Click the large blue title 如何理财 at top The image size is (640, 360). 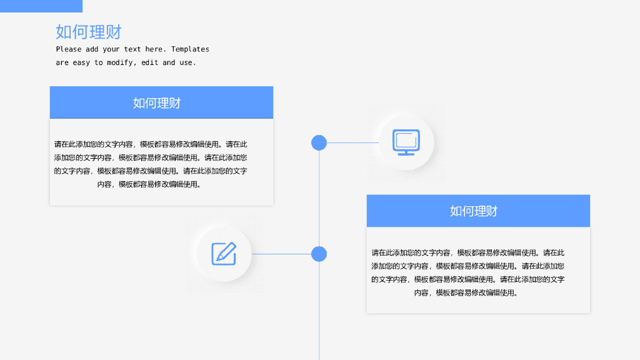[88, 31]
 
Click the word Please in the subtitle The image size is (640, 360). [69, 49]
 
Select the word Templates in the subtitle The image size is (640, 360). [190, 49]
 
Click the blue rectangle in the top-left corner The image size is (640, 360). [41, 6]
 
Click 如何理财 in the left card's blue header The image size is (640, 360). [157, 103]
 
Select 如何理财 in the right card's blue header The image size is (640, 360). [474, 211]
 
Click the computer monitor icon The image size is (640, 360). [406, 142]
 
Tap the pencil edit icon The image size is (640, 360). [224, 253]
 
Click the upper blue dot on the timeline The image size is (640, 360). [319, 142]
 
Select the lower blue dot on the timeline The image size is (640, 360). [319, 254]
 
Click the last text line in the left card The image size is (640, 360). [150, 184]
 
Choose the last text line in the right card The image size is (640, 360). [467, 292]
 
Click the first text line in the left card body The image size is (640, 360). [151, 144]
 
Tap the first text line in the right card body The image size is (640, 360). [467, 253]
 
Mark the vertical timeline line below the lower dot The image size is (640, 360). [319, 312]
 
